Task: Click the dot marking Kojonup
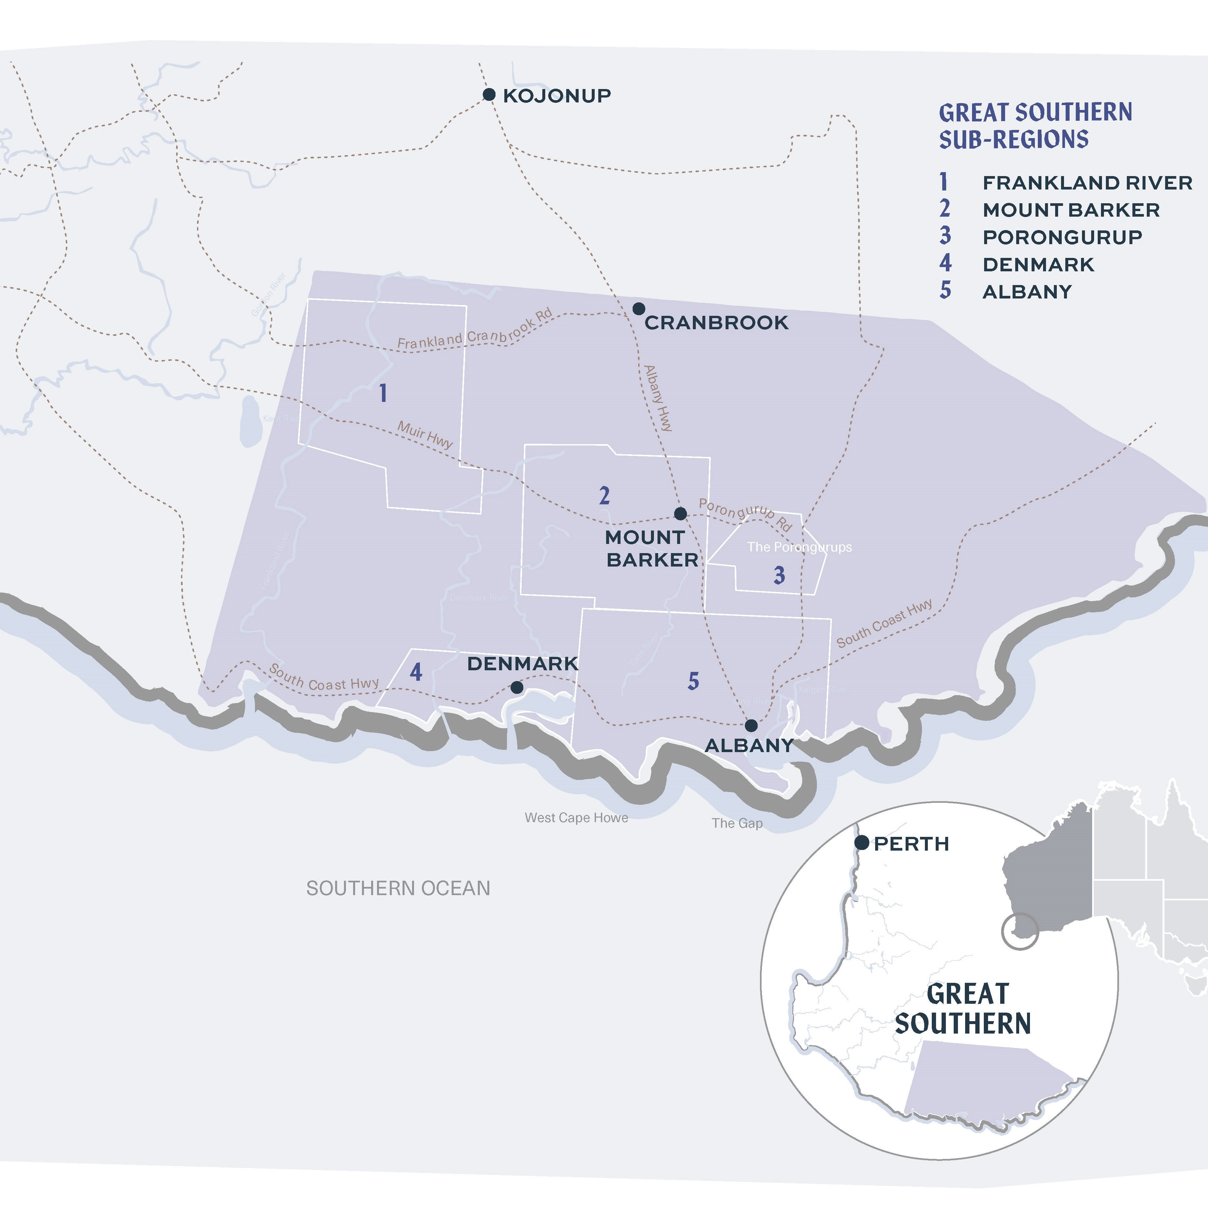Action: click(489, 94)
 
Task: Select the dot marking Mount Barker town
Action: click(680, 513)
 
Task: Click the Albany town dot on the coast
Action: click(751, 725)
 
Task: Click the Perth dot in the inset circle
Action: click(862, 843)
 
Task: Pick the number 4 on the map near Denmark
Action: click(416, 672)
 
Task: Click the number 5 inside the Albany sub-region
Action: click(693, 681)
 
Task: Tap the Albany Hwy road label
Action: click(658, 398)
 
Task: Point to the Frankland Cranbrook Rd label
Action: click(475, 330)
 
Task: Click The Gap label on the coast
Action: click(737, 823)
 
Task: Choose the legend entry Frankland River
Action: click(1087, 183)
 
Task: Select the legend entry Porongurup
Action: click(1062, 237)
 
